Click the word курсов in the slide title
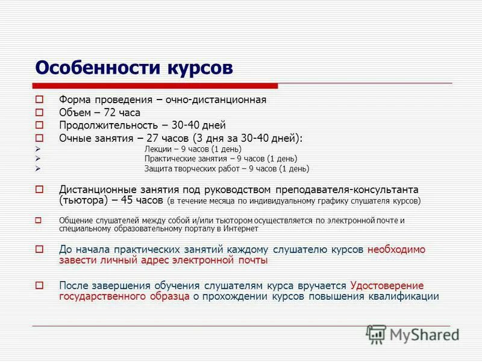[x=197, y=67]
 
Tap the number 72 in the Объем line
[x=109, y=112]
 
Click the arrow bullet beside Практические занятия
[x=38, y=159]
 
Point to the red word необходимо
[x=396, y=249]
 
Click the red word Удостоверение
[x=386, y=285]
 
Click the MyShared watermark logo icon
[x=377, y=334]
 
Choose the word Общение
[x=77, y=220]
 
